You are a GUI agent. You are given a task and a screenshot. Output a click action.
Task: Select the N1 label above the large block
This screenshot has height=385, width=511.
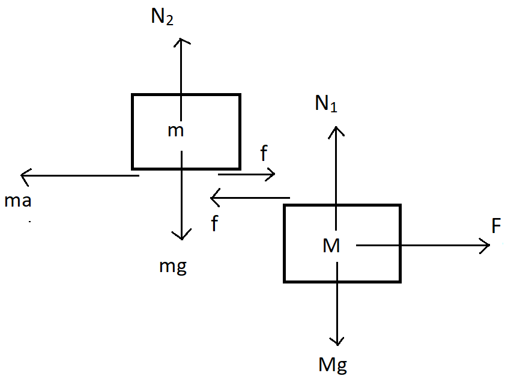(327, 105)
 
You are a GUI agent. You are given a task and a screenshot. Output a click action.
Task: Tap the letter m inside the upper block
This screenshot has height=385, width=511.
(175, 130)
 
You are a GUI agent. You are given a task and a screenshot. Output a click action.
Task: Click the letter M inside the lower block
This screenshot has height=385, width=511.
(331, 245)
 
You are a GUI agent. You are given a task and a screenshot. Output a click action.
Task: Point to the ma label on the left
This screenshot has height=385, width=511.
(17, 201)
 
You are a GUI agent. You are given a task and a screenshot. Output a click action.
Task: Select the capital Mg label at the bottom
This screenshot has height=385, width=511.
(333, 363)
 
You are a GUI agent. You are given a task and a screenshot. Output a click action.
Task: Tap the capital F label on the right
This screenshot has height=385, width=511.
(496, 226)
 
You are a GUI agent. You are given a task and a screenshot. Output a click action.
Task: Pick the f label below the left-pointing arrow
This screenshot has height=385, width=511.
(214, 225)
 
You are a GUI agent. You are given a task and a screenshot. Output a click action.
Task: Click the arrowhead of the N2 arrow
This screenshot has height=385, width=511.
(181, 40)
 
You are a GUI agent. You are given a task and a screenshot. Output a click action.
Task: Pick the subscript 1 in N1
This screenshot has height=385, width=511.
(334, 108)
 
